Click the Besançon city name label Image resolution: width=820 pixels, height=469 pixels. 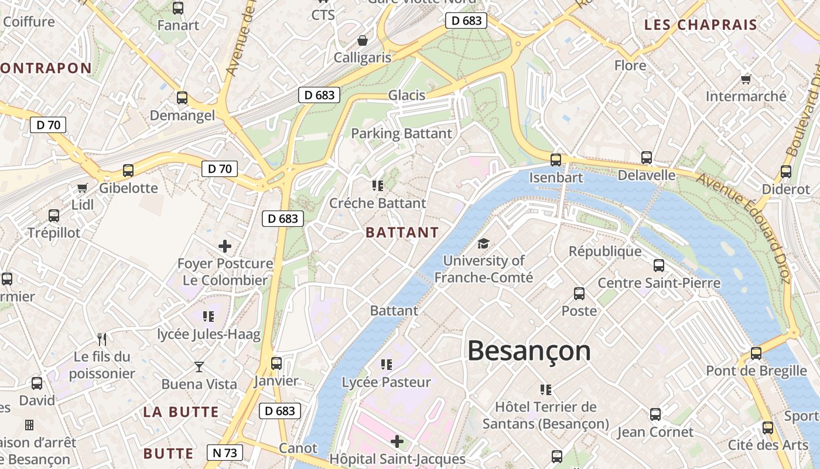(x=529, y=351)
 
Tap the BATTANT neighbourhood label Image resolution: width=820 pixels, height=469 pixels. (x=402, y=232)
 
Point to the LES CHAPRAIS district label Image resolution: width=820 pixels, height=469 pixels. (x=701, y=25)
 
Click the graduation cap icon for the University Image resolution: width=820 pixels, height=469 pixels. (x=483, y=243)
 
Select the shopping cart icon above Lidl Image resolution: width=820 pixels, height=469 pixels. (x=82, y=188)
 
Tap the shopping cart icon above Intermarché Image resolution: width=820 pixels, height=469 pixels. (x=746, y=79)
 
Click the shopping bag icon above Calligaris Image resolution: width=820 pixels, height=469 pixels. (x=363, y=40)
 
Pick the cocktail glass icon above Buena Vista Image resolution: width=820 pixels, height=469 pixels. (x=199, y=367)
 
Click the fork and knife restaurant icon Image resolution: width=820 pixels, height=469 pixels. (x=102, y=339)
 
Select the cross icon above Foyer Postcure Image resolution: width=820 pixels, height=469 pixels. (x=224, y=246)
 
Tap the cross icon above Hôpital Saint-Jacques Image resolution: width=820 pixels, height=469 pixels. (x=397, y=441)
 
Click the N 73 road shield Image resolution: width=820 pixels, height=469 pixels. (x=224, y=453)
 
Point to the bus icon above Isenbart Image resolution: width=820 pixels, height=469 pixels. (x=555, y=159)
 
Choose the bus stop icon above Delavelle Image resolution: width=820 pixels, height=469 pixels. (x=646, y=158)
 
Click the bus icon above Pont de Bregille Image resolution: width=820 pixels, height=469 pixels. (x=756, y=354)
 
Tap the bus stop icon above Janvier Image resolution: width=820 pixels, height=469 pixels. (x=276, y=363)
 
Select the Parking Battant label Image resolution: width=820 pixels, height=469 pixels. (x=401, y=134)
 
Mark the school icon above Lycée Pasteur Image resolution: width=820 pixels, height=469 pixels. (x=386, y=365)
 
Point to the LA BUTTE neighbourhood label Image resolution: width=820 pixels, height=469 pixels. (x=181, y=412)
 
